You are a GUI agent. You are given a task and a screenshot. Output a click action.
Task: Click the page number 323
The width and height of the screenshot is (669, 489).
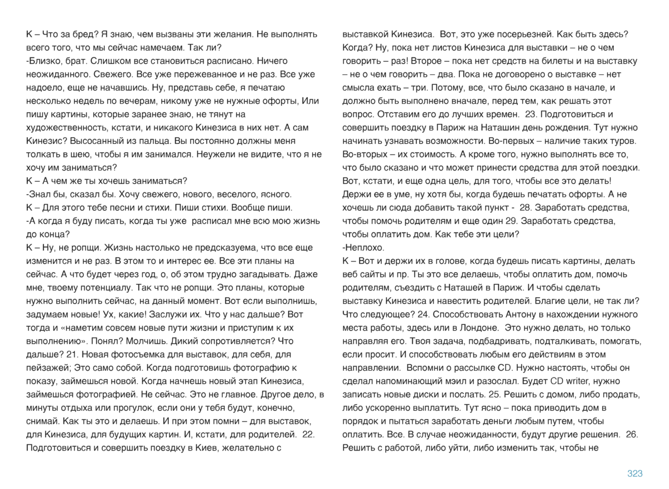click(635, 473)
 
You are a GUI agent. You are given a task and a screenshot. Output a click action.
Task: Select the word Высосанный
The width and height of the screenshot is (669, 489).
click(84, 141)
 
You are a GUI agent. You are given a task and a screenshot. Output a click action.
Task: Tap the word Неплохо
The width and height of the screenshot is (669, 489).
click(364, 248)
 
